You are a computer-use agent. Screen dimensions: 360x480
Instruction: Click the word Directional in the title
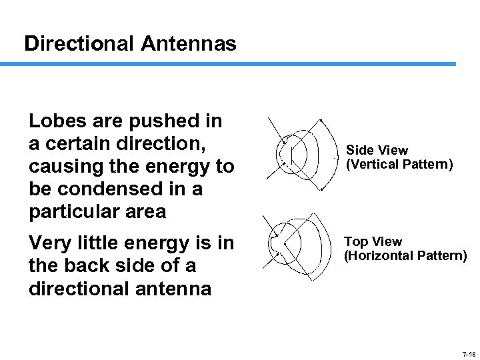pyautogui.click(x=79, y=44)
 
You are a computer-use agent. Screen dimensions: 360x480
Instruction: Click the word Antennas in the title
pyautogui.click(x=189, y=44)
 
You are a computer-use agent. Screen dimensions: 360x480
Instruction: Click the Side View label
pyautogui.click(x=377, y=151)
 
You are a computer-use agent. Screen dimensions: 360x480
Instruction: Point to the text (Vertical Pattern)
pyautogui.click(x=399, y=163)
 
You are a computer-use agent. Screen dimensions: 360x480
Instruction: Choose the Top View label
pyautogui.click(x=373, y=242)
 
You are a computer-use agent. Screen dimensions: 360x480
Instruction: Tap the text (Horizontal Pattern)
pyautogui.click(x=405, y=255)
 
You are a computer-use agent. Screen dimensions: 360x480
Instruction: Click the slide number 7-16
pyautogui.click(x=468, y=353)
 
